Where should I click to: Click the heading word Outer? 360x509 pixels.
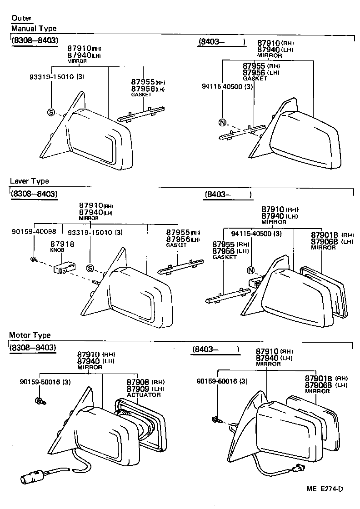(21, 18)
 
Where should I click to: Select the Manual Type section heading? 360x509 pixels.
(34, 29)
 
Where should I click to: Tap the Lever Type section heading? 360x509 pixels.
(30, 181)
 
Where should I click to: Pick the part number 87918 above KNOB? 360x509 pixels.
(62, 244)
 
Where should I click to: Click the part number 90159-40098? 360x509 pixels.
(34, 232)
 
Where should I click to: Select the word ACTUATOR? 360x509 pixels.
(144, 395)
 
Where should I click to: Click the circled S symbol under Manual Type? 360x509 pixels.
(51, 112)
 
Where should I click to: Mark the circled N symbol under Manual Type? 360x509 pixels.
(222, 122)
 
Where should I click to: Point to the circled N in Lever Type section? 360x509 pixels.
(250, 271)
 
